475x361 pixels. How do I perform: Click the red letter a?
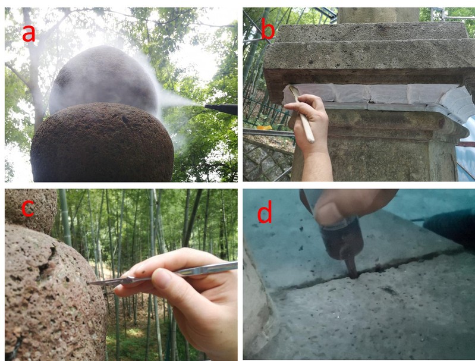(29, 33)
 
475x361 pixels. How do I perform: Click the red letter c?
(28, 209)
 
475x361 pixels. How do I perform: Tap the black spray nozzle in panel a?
(221, 109)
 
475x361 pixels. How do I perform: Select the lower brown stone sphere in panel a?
(102, 143)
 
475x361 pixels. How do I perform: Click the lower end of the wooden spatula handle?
(311, 140)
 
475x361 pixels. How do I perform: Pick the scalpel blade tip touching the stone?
(88, 284)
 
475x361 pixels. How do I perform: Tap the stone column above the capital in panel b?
(378, 15)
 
